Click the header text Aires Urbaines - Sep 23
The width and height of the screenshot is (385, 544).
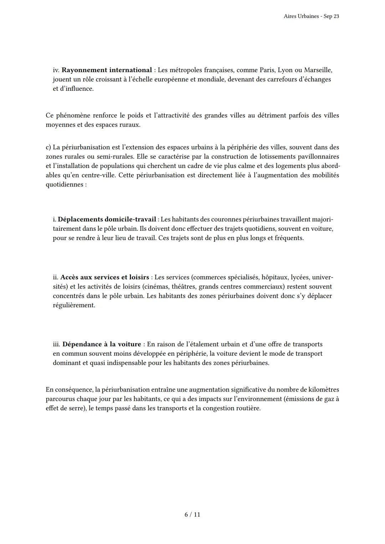311,16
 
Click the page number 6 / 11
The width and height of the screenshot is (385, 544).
192,514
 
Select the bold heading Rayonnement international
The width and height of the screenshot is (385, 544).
107,70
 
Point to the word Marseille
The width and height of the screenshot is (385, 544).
318,70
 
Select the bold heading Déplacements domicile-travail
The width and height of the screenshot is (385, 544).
107,219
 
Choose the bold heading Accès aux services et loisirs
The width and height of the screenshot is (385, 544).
104,277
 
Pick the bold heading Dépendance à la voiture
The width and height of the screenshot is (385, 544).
102,344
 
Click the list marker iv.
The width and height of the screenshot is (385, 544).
56,70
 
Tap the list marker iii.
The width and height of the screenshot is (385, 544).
57,344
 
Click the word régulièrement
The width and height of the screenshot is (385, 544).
74,305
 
